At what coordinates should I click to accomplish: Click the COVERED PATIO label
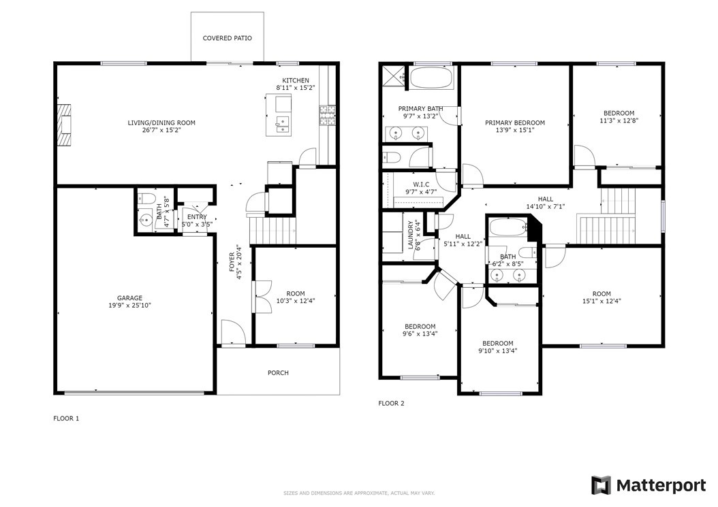(227, 38)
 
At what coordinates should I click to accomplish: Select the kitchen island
(279, 115)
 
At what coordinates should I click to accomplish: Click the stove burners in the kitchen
(328, 115)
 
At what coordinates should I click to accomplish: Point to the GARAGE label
(129, 298)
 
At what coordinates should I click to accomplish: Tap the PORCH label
(279, 373)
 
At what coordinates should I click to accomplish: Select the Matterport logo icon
(601, 485)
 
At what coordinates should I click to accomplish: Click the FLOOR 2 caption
(392, 403)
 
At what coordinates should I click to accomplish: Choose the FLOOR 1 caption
(66, 419)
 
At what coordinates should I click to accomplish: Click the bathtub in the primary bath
(431, 78)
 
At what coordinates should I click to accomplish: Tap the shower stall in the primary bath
(394, 76)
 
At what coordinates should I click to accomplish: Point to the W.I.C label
(421, 184)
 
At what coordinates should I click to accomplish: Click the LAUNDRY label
(411, 235)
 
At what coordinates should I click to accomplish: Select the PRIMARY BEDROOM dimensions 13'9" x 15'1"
(515, 130)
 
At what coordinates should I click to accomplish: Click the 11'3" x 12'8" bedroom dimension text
(619, 121)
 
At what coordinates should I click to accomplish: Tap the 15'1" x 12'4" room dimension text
(602, 301)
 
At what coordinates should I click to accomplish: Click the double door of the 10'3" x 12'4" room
(262, 297)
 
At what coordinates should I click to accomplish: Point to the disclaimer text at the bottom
(359, 493)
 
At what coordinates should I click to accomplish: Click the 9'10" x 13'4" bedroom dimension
(498, 351)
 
